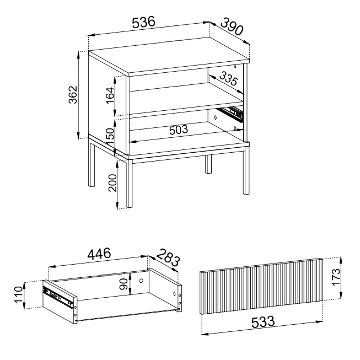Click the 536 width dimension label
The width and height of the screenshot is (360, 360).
click(144, 22)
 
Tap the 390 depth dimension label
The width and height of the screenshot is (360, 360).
click(232, 27)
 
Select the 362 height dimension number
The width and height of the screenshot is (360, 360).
click(73, 95)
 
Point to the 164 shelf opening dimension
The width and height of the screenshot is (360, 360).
click(110, 95)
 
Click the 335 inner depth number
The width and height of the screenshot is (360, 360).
click(228, 78)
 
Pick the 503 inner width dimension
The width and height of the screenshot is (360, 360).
click(179, 130)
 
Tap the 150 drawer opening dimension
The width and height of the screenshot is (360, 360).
click(110, 137)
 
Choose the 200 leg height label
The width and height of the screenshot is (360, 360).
click(112, 182)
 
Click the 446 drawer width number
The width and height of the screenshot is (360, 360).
click(99, 254)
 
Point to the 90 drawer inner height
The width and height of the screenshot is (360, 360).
click(124, 284)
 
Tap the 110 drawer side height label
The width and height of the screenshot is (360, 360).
click(19, 295)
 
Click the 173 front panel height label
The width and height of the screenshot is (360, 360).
click(336, 277)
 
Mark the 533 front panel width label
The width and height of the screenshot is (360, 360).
click(263, 322)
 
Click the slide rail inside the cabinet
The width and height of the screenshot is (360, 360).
click(231, 114)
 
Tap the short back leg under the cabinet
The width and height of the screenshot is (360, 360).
click(208, 164)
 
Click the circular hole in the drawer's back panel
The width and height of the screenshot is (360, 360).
click(141, 281)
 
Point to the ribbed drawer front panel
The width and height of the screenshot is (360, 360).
click(261, 286)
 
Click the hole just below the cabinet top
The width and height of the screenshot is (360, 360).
click(235, 66)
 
